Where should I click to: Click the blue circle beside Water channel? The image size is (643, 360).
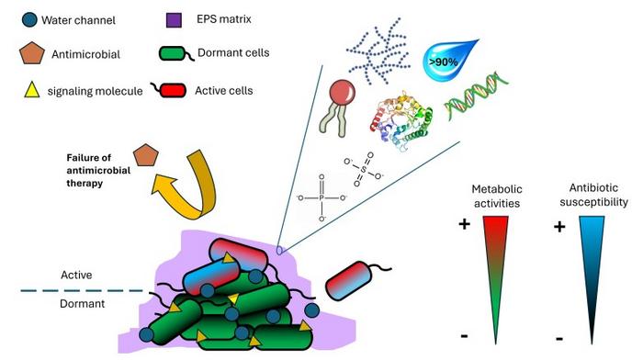pos(29,19)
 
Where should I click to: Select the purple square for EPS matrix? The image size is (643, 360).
pos(174,19)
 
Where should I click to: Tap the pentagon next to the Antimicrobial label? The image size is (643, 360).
pos(32,53)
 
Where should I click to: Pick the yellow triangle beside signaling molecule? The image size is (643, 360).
pos(32,89)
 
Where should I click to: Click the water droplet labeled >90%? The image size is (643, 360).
pos(449,61)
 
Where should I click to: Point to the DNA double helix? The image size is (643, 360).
pos(477,96)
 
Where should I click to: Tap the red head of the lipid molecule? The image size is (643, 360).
pos(343,91)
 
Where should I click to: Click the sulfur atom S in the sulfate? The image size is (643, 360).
pos(364,169)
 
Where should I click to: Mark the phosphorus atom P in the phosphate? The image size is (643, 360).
pos(321,197)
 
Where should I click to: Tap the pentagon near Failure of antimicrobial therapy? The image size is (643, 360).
pos(146,155)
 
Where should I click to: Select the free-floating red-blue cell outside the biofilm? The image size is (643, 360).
pos(348,281)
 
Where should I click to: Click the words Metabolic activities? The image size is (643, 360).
pos(497,196)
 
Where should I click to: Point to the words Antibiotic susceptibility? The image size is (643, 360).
pos(593,195)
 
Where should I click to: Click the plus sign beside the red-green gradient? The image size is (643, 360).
pos(464,224)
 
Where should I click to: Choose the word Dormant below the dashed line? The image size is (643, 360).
pos(83,303)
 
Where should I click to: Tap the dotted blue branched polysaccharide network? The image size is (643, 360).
pos(378,51)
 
